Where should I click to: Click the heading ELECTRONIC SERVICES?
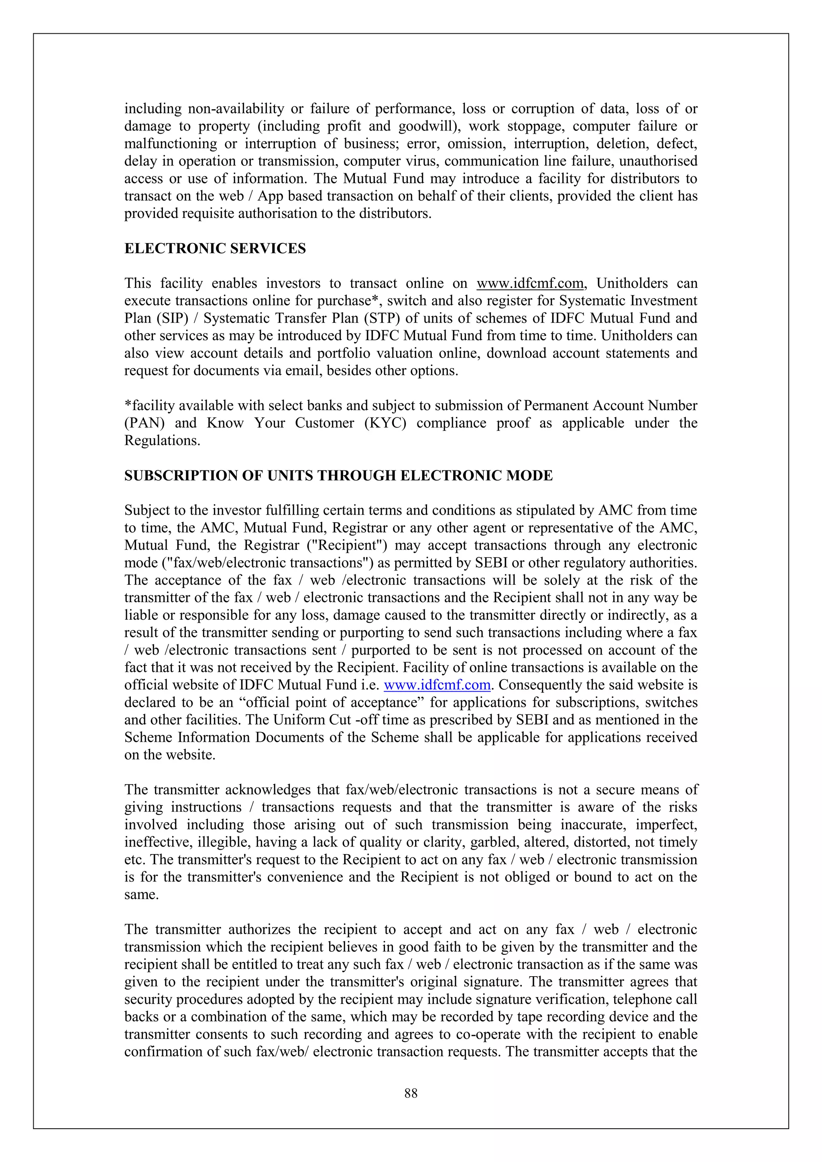pos(215,248)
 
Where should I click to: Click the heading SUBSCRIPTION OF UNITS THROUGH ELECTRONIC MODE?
pos(338,476)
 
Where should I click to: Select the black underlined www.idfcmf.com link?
pos(530,283)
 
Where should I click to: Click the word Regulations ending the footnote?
pos(162,441)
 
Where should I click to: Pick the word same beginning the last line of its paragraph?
pos(141,895)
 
